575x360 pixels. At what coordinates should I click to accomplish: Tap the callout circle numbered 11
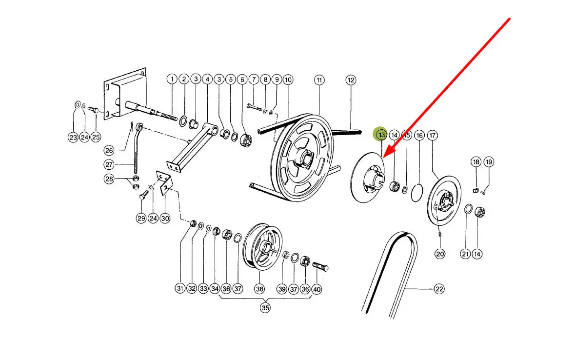[319, 79]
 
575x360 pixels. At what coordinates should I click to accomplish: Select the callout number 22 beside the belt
[439, 289]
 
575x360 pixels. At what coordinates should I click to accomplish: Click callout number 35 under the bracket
[265, 308]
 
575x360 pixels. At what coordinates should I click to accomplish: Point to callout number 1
[171, 79]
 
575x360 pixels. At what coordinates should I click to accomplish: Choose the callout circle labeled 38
[259, 289]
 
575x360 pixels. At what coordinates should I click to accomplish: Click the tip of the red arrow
[383, 157]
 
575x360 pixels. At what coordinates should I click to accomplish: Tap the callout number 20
[440, 254]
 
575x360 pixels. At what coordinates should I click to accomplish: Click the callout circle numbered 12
[351, 79]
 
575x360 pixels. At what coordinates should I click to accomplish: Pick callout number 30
[165, 219]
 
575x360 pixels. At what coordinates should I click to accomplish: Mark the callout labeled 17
[432, 135]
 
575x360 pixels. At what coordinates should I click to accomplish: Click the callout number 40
[317, 289]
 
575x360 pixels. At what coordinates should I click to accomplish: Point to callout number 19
[489, 162]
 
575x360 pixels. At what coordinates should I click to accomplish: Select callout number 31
[180, 289]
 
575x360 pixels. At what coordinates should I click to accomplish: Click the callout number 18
[476, 162]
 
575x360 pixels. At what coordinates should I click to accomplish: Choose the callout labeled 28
[108, 179]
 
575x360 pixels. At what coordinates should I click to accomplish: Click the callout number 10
[288, 79]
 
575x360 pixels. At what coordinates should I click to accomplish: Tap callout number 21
[465, 254]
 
